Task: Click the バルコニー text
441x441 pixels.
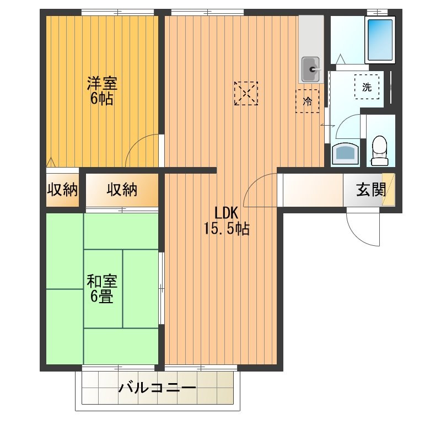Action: [x=157, y=388]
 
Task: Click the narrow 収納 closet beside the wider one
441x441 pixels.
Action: [x=62, y=190]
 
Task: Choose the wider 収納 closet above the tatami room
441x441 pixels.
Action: [x=122, y=190]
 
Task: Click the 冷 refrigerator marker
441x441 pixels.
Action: [x=307, y=101]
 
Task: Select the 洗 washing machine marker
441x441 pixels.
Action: [x=367, y=86]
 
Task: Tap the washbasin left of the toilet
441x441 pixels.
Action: [x=346, y=154]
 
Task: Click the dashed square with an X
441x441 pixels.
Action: [x=245, y=93]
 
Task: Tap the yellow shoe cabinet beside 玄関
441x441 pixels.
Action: [x=389, y=190]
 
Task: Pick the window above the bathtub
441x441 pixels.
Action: [x=377, y=11]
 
